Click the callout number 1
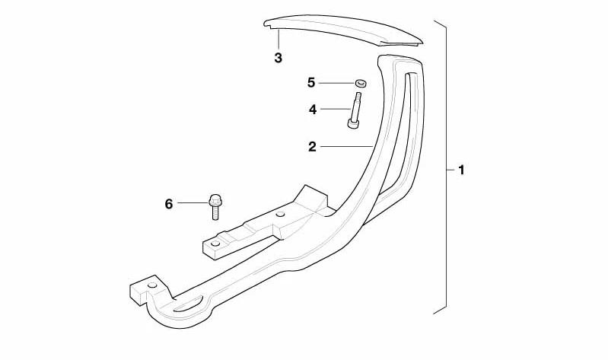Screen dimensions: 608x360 [x=461, y=170]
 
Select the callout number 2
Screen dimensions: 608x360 [x=312, y=147]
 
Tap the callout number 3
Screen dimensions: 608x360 [x=278, y=58]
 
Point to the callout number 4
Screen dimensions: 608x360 [x=313, y=110]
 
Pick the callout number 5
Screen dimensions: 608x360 [x=311, y=83]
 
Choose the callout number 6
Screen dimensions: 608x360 [x=169, y=204]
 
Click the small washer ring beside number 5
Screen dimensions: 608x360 [x=361, y=83]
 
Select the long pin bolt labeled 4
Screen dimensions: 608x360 [x=355, y=110]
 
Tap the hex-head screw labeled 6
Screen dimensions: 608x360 [x=215, y=207]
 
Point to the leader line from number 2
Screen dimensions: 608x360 [x=346, y=146]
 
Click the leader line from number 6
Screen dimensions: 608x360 [x=193, y=203]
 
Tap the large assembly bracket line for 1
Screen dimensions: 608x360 [x=446, y=167]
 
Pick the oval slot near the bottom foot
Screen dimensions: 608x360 [x=188, y=304]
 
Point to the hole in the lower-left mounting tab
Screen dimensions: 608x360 [x=153, y=285]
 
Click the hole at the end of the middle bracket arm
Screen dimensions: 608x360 [x=215, y=244]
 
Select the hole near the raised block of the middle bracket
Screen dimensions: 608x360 [x=280, y=214]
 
